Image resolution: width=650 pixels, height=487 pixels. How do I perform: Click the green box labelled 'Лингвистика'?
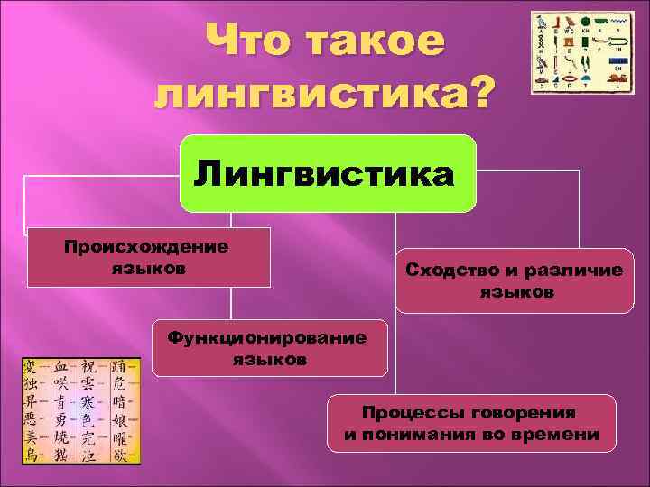(328, 173)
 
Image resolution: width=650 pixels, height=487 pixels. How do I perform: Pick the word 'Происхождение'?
(145, 247)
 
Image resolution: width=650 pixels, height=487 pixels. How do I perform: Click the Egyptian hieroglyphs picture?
(581, 54)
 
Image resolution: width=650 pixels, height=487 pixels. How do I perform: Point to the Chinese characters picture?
(81, 410)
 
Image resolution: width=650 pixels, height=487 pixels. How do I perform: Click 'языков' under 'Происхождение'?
(147, 269)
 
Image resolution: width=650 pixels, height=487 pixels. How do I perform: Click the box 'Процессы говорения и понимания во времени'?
(471, 423)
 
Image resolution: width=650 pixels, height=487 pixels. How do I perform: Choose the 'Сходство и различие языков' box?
(515, 280)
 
